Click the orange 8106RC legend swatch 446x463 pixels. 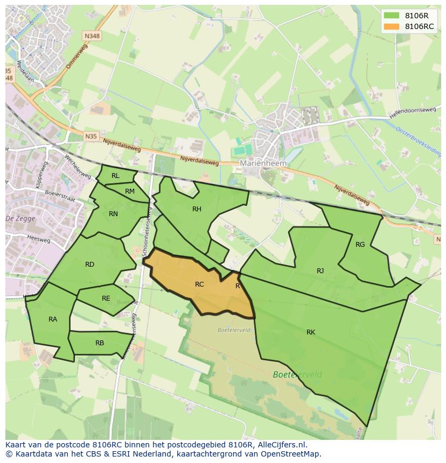392,26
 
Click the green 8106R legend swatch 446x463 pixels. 392,16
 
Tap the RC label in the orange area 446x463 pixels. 199,284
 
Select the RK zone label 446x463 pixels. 311,332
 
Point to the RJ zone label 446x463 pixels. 320,271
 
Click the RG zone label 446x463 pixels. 360,245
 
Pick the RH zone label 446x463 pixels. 197,209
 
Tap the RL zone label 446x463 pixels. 115,176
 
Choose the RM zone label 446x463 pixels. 130,191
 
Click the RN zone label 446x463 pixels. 113,214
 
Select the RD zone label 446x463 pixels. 89,265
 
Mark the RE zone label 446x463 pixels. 106,298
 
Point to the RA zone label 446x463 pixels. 53,319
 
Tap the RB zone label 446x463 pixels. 100,343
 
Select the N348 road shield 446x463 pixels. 91,36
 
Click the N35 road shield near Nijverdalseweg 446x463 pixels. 91,137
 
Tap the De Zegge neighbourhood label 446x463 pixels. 19,218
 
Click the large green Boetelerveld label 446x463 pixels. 297,374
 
